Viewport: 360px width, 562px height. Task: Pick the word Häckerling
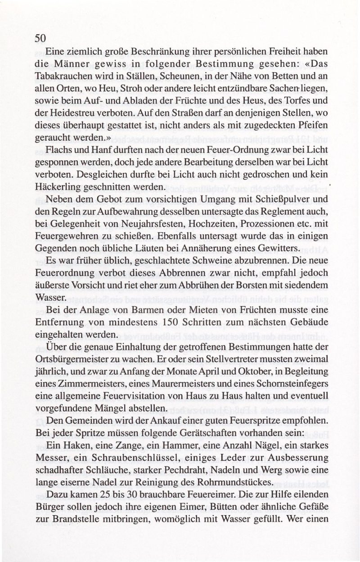pyautogui.click(x=59, y=186)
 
